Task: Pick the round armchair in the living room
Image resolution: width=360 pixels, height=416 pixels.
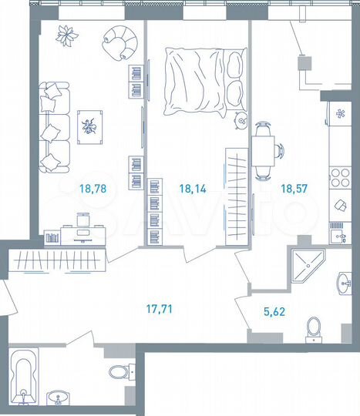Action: [121, 42]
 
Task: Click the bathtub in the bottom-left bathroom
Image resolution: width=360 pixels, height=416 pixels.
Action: [26, 377]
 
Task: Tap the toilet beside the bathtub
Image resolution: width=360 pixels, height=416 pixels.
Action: [118, 374]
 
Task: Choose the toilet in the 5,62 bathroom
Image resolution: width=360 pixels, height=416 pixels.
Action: [313, 327]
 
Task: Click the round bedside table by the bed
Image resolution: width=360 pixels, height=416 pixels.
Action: [239, 119]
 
